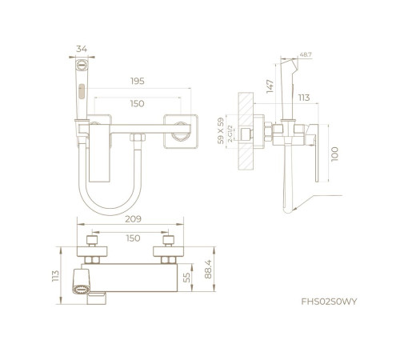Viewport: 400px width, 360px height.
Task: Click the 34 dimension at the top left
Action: click(82, 49)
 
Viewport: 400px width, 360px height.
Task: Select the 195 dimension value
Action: click(138, 81)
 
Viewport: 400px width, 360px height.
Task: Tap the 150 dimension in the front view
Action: click(137, 103)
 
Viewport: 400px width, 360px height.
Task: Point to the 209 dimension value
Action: click(133, 219)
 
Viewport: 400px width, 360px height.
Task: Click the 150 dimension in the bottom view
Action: click(133, 238)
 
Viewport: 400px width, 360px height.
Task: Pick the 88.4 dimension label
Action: click(208, 269)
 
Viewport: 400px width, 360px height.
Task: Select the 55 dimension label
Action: click(187, 278)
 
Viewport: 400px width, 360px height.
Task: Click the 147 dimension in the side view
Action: click(270, 86)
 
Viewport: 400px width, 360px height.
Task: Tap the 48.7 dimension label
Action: click(306, 54)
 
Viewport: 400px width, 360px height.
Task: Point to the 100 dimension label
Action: click(334, 154)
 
